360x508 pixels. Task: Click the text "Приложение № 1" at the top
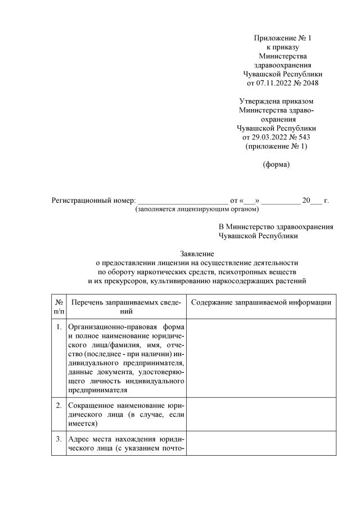click(x=282, y=38)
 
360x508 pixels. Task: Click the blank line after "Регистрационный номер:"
click(x=183, y=201)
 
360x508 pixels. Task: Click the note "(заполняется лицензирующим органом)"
click(x=197, y=209)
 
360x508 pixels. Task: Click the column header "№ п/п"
click(x=58, y=307)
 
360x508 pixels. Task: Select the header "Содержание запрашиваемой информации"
click(x=261, y=303)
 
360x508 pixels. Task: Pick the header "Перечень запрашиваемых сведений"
click(x=126, y=307)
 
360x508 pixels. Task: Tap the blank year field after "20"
click(x=317, y=201)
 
